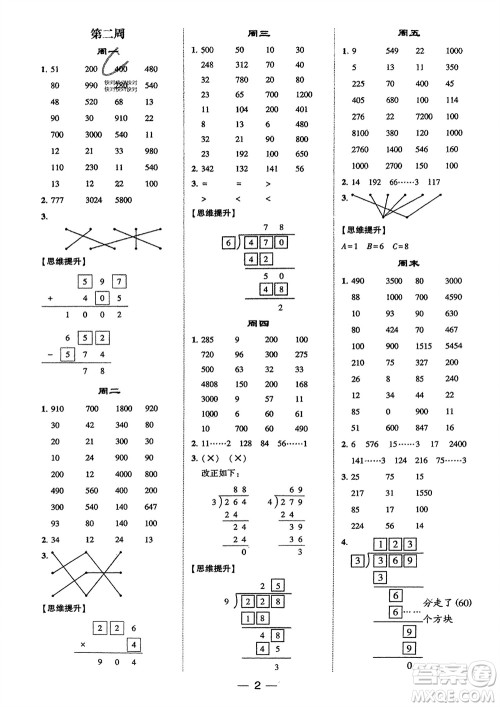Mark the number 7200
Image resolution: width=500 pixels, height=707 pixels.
click(x=422, y=116)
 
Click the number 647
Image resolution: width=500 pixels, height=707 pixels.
click(x=151, y=508)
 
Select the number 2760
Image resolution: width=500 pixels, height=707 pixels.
click(x=355, y=148)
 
